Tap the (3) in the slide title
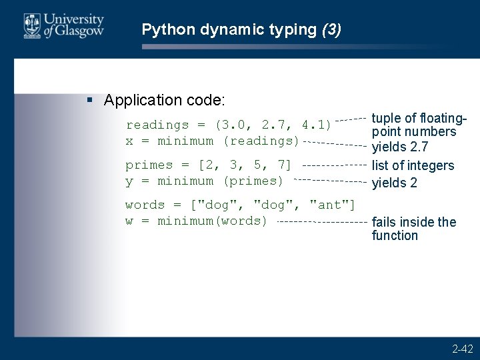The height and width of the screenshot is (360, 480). (x=331, y=30)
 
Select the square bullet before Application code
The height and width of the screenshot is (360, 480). (x=91, y=101)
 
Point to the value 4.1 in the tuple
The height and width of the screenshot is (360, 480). (x=313, y=125)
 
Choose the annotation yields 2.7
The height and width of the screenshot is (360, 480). (x=400, y=147)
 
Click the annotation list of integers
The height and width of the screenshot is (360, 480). (x=413, y=165)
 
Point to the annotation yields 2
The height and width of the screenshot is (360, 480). (x=395, y=183)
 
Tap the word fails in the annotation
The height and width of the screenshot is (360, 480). (x=384, y=222)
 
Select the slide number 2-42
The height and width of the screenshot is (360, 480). (x=462, y=349)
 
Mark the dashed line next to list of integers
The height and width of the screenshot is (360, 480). (x=334, y=165)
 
